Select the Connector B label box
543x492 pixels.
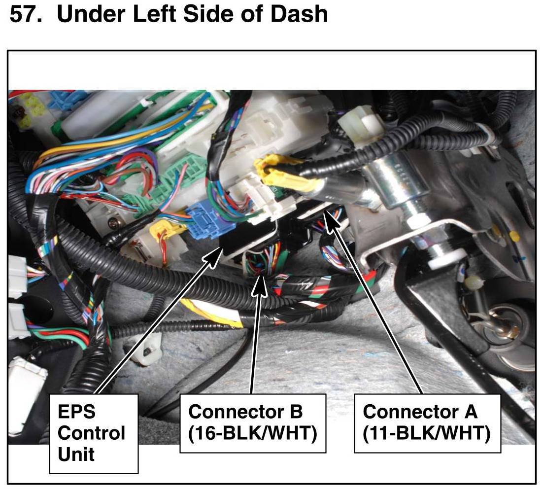(252, 423)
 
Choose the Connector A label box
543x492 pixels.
(427, 423)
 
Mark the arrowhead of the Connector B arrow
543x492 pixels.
(260, 285)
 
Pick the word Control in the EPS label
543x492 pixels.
(92, 434)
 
